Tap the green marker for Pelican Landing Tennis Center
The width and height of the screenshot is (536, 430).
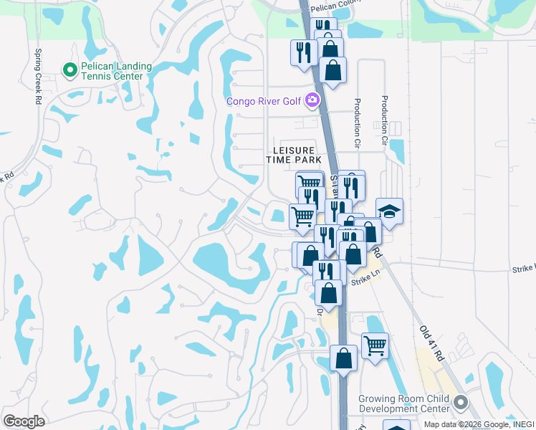[x=70, y=70]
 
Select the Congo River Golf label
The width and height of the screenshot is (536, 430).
[x=264, y=101]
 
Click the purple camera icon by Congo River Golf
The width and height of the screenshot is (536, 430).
[x=312, y=100]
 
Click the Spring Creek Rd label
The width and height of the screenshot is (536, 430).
[x=38, y=69]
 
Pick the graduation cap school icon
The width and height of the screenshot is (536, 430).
[x=389, y=211]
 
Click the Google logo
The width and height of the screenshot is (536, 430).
[x=24, y=421]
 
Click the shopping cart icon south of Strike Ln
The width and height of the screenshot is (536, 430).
[x=375, y=345]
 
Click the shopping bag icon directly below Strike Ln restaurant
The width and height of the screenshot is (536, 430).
[x=328, y=292]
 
